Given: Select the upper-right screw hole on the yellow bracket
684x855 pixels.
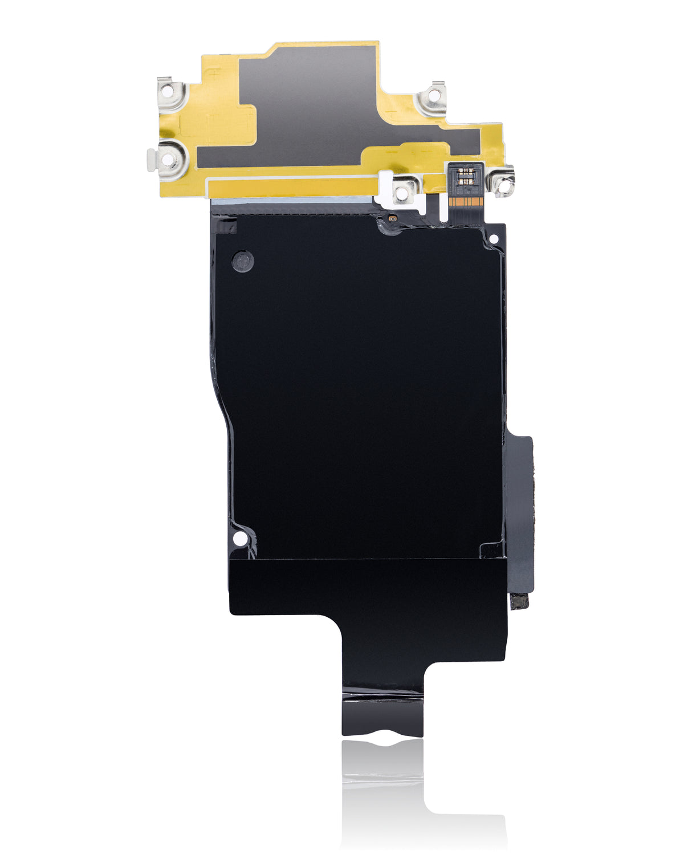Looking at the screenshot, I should click(431, 98).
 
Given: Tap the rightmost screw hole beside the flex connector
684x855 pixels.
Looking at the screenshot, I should click(504, 182).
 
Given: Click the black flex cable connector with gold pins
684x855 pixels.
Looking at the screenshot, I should click(466, 174).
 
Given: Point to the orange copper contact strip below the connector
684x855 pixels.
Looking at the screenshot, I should click(466, 202).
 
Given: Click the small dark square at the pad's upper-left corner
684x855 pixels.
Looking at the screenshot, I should click(227, 227).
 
